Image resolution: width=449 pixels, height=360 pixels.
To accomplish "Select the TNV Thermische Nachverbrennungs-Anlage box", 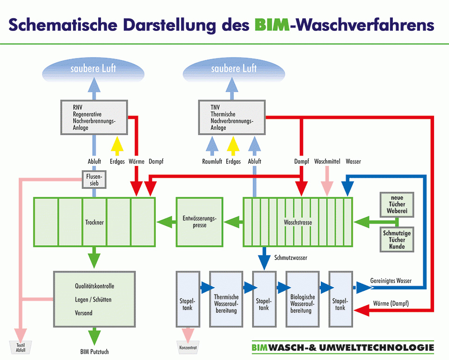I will (232, 117).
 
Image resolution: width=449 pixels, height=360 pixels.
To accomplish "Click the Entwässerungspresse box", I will (200, 222).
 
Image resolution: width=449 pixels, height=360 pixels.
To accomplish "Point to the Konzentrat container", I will (188, 347).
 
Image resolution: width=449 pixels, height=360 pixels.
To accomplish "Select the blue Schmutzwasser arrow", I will (265, 259).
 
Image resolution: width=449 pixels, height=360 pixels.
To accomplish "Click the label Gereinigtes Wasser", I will (391, 281).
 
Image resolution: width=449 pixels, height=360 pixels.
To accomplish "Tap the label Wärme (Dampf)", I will (391, 304).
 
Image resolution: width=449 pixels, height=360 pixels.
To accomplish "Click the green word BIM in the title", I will (272, 24).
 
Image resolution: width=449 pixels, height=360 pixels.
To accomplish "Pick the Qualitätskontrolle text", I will (94, 286).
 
